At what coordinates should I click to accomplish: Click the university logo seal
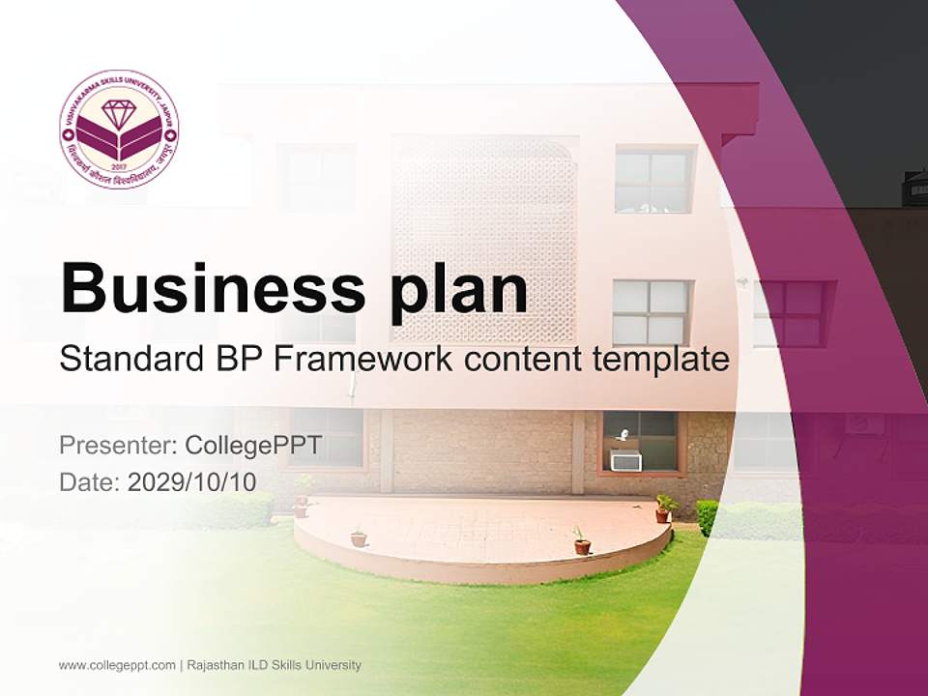point(119,129)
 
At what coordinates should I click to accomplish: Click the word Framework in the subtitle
point(363,360)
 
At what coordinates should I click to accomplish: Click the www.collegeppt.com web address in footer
point(117,665)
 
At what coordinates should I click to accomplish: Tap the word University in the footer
point(333,665)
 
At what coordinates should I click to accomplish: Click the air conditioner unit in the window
point(625,461)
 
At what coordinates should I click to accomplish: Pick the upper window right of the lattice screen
point(653,179)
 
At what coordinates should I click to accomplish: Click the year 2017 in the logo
point(119,165)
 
